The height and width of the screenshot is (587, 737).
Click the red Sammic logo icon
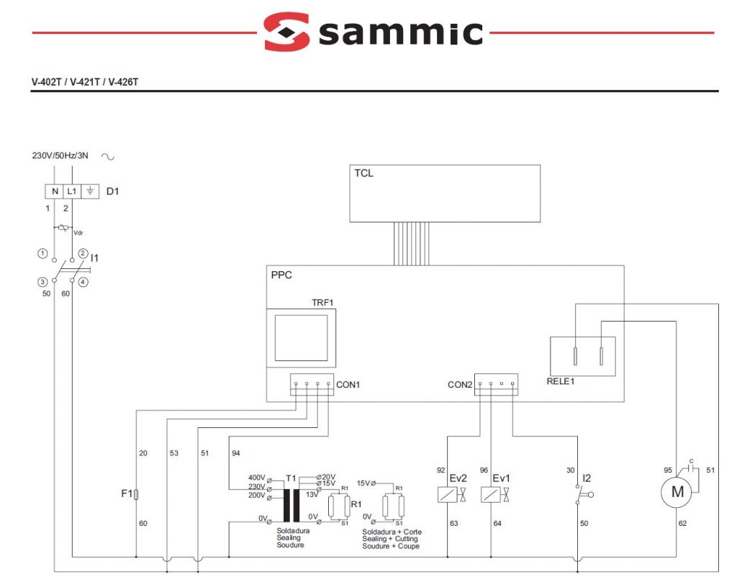286,31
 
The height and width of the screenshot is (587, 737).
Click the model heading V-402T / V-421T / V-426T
85,82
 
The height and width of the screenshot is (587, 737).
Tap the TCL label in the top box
363,173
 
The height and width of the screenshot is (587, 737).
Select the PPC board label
281,275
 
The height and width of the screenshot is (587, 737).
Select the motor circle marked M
676,493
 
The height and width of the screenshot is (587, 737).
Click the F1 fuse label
125,494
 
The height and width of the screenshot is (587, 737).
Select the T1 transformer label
291,478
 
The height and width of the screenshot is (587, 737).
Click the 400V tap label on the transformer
256,478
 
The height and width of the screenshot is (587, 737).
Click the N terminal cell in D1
54,191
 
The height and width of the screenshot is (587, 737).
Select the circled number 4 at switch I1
83,282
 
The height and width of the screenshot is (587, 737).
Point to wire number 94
236,453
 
